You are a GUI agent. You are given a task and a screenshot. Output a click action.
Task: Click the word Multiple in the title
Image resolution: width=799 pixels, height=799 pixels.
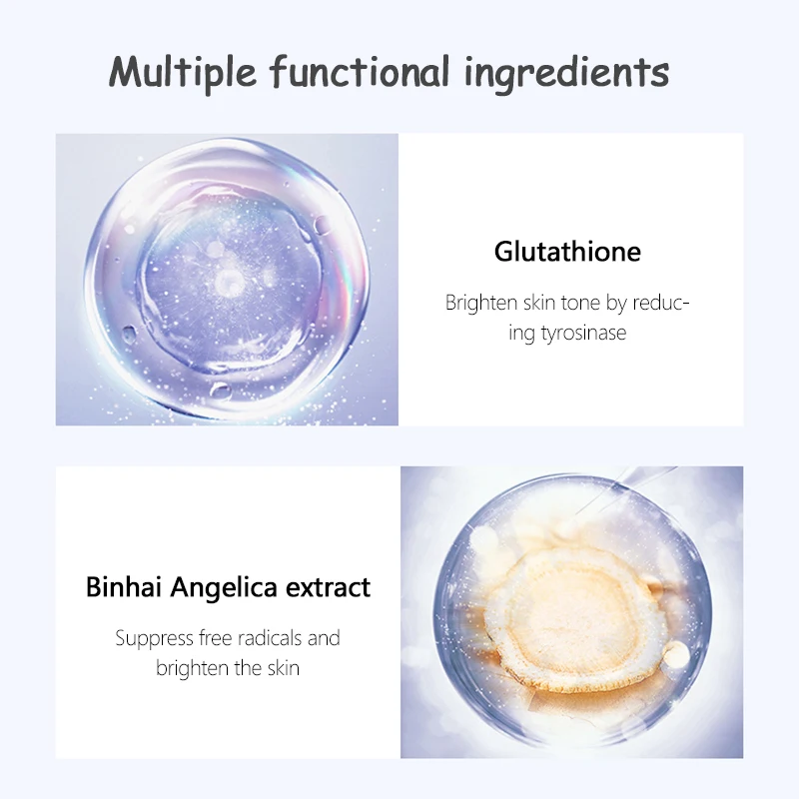click(x=183, y=72)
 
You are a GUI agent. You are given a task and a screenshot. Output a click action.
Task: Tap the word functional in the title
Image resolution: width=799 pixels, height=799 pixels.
click(x=360, y=70)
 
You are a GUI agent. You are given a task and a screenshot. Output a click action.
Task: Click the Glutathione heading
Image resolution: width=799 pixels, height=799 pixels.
click(x=567, y=252)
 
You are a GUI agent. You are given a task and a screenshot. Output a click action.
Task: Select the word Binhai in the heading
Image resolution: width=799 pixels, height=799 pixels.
click(x=123, y=586)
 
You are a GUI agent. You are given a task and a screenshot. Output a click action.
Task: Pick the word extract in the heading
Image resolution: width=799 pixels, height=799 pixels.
click(x=328, y=588)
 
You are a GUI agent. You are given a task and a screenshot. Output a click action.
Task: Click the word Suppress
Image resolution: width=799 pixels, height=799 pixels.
click(x=155, y=639)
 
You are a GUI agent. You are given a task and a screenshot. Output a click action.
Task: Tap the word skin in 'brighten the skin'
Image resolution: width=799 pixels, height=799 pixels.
click(x=284, y=668)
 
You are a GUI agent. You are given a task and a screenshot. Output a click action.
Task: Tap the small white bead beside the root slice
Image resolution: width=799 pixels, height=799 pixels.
click(x=676, y=654)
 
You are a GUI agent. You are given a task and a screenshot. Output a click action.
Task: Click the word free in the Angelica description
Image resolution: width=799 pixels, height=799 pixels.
click(x=216, y=638)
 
